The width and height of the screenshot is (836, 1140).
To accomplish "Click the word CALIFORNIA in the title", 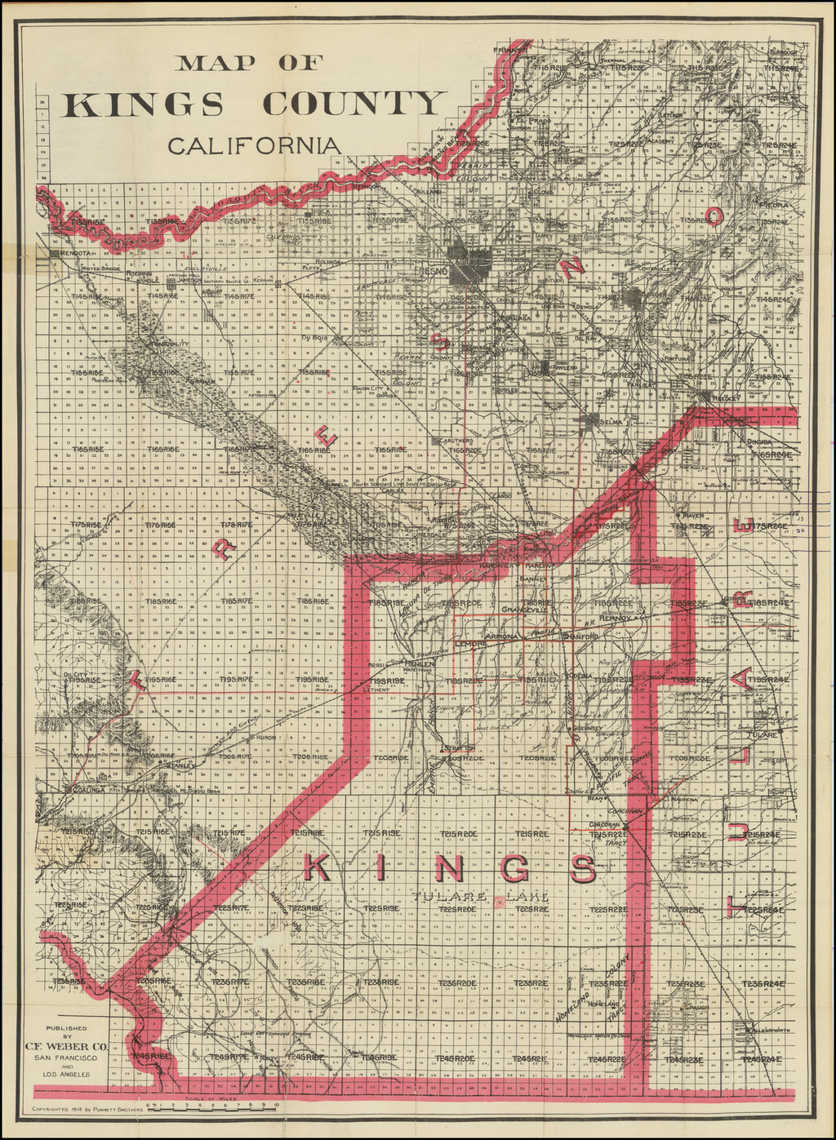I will point(254,145).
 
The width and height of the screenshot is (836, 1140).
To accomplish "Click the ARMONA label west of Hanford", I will point(502,636).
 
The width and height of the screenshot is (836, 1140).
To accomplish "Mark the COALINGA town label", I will point(87,790).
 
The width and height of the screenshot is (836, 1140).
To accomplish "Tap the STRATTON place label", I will point(458,747).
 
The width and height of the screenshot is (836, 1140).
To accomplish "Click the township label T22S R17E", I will point(231,908).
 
